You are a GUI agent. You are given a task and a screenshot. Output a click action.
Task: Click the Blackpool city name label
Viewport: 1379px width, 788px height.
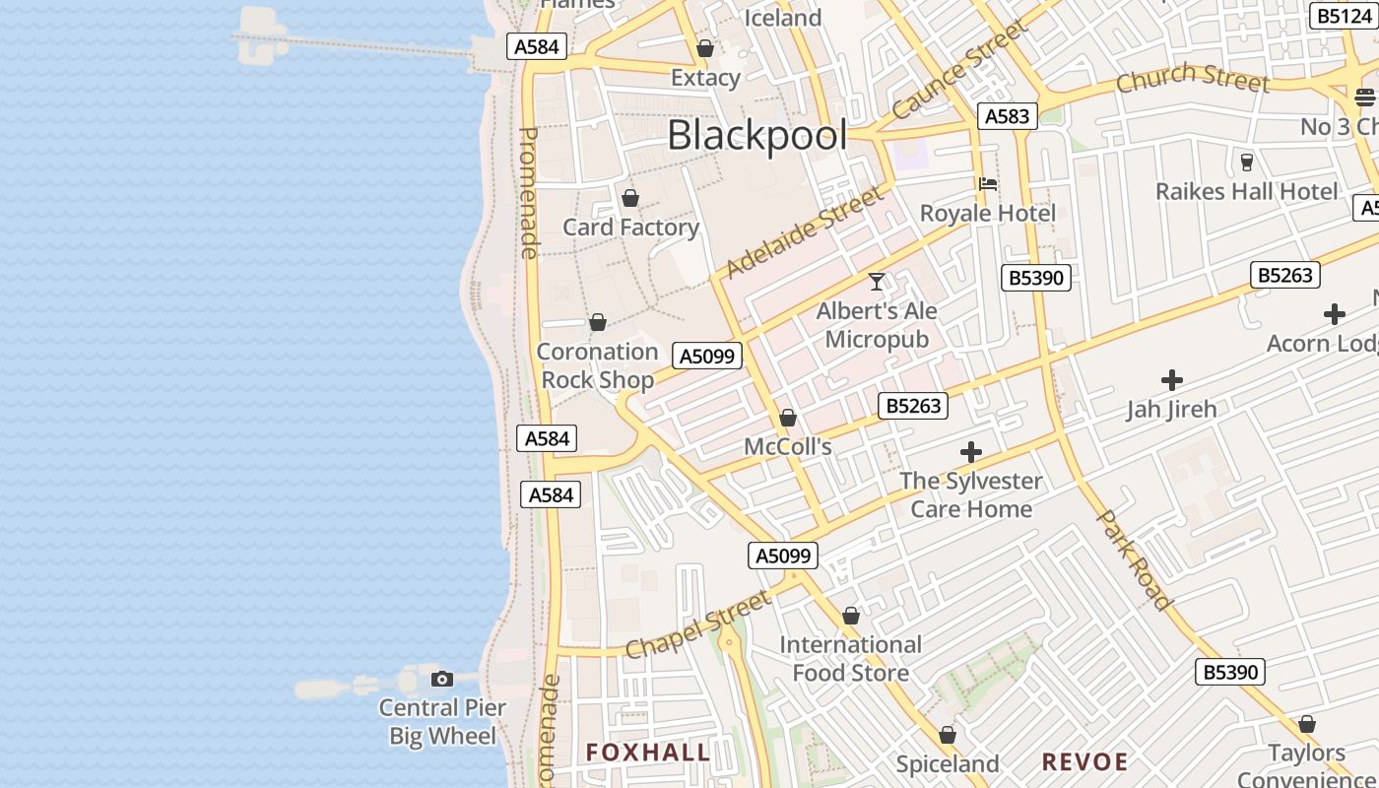[x=756, y=136]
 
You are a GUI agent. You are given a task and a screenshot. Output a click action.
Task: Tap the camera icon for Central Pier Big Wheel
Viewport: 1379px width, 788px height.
[x=442, y=679]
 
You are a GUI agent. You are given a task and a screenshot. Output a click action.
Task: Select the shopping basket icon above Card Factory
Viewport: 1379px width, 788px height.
[x=630, y=198]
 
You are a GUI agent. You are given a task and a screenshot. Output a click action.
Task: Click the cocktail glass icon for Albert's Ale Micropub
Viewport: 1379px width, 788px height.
[x=877, y=282]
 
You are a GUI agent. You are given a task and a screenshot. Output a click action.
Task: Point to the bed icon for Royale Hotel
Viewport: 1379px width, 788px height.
[x=988, y=183]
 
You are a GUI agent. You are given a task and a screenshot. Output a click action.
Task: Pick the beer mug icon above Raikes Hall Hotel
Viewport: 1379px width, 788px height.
[x=1247, y=162]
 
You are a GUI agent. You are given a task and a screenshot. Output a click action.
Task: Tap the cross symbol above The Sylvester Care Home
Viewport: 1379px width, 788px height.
[x=971, y=452]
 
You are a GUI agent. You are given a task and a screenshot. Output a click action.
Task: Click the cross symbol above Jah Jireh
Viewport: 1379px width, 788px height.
[x=1172, y=379]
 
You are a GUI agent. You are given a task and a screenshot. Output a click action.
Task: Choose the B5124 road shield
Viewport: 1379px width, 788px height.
[x=1345, y=16]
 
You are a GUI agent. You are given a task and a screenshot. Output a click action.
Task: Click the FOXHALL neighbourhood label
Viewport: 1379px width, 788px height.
[x=648, y=753]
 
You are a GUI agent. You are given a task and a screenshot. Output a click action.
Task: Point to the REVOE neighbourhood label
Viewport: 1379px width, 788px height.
[x=1084, y=761]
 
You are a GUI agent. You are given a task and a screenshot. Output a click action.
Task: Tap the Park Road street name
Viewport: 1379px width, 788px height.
[x=1135, y=559]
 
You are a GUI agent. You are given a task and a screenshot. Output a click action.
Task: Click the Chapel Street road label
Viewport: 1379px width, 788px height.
[x=697, y=624]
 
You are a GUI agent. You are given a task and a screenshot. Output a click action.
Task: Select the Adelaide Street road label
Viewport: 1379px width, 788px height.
[x=805, y=232]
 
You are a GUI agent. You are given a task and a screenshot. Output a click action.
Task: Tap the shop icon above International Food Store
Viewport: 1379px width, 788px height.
[x=851, y=617]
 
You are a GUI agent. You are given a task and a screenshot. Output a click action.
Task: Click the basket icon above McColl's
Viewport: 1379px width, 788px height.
[x=788, y=419]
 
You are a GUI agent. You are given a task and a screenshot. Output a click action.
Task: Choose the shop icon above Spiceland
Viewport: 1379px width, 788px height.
[x=948, y=735]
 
